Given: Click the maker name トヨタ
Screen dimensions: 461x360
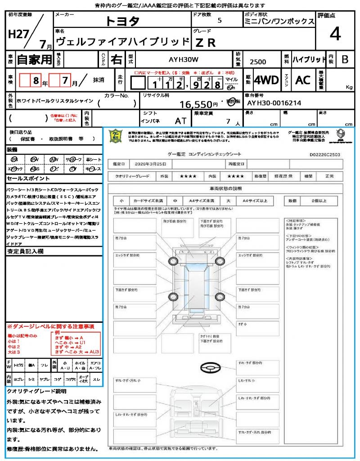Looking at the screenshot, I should [122, 21].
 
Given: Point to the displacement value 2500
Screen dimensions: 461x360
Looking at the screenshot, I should [257, 62].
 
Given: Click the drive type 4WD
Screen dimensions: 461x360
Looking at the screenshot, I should [266, 80].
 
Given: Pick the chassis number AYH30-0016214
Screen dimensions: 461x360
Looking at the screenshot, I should [274, 103].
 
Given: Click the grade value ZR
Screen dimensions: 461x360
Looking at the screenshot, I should [206, 42].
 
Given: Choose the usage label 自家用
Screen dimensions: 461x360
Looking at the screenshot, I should [35, 59].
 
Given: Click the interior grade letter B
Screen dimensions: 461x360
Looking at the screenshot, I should [345, 59].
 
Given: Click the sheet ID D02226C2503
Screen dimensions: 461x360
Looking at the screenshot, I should [324, 154].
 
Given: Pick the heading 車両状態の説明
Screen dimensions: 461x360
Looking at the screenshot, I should [225, 188].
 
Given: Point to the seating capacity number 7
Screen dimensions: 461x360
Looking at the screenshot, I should [228, 122].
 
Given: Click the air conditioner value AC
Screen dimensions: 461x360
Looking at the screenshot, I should [303, 80].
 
